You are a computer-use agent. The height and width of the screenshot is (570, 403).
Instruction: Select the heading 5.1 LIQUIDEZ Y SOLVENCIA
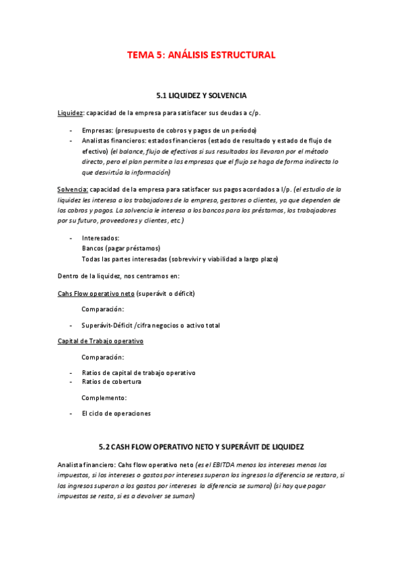tap(201, 96)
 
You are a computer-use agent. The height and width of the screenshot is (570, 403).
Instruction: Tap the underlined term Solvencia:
tap(73, 190)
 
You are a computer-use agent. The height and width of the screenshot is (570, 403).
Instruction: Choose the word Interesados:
tap(100, 238)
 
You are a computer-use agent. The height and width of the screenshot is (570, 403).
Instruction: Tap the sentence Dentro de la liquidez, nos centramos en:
tap(118, 276)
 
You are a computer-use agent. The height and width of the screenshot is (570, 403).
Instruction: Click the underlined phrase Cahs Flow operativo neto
tap(96, 294)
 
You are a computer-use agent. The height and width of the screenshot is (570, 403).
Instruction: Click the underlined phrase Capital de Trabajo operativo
tap(100, 341)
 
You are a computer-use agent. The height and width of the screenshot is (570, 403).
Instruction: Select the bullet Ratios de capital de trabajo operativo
tap(139, 372)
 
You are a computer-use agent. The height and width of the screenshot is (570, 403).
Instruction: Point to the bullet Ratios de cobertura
tap(112, 382)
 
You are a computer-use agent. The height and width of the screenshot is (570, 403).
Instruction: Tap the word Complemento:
tap(104, 398)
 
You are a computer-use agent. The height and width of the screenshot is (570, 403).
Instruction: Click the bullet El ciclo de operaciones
tap(116, 413)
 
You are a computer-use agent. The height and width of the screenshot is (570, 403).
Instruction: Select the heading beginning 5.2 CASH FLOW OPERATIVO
tap(201, 446)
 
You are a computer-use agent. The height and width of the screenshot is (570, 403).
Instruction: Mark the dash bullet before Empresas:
tap(71, 130)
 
